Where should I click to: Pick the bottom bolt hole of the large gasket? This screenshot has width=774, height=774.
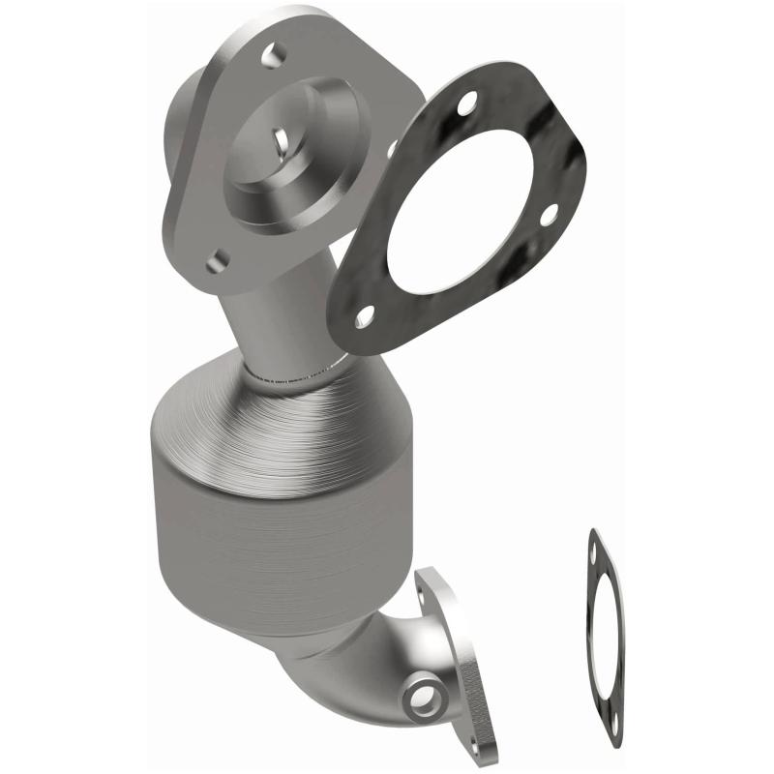coord(365,315)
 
